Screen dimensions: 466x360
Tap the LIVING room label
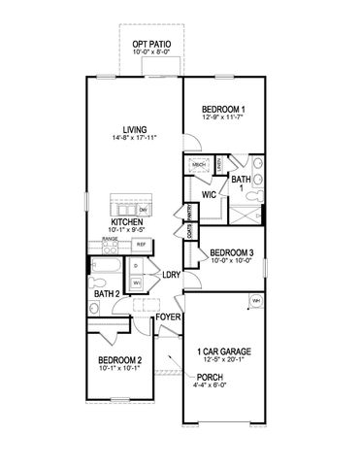click(148, 128)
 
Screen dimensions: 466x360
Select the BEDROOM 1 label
click(223, 108)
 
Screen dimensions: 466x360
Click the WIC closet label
click(209, 194)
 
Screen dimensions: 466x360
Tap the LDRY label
click(173, 274)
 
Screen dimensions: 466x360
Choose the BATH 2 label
click(107, 293)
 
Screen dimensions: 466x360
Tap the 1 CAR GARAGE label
click(225, 350)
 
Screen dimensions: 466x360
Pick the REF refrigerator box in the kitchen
click(141, 245)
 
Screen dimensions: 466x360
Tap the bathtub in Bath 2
click(104, 268)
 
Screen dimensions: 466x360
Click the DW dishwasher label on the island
click(144, 209)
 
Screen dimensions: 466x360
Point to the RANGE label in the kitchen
click(111, 238)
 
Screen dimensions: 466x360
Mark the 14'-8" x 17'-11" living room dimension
click(148, 138)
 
